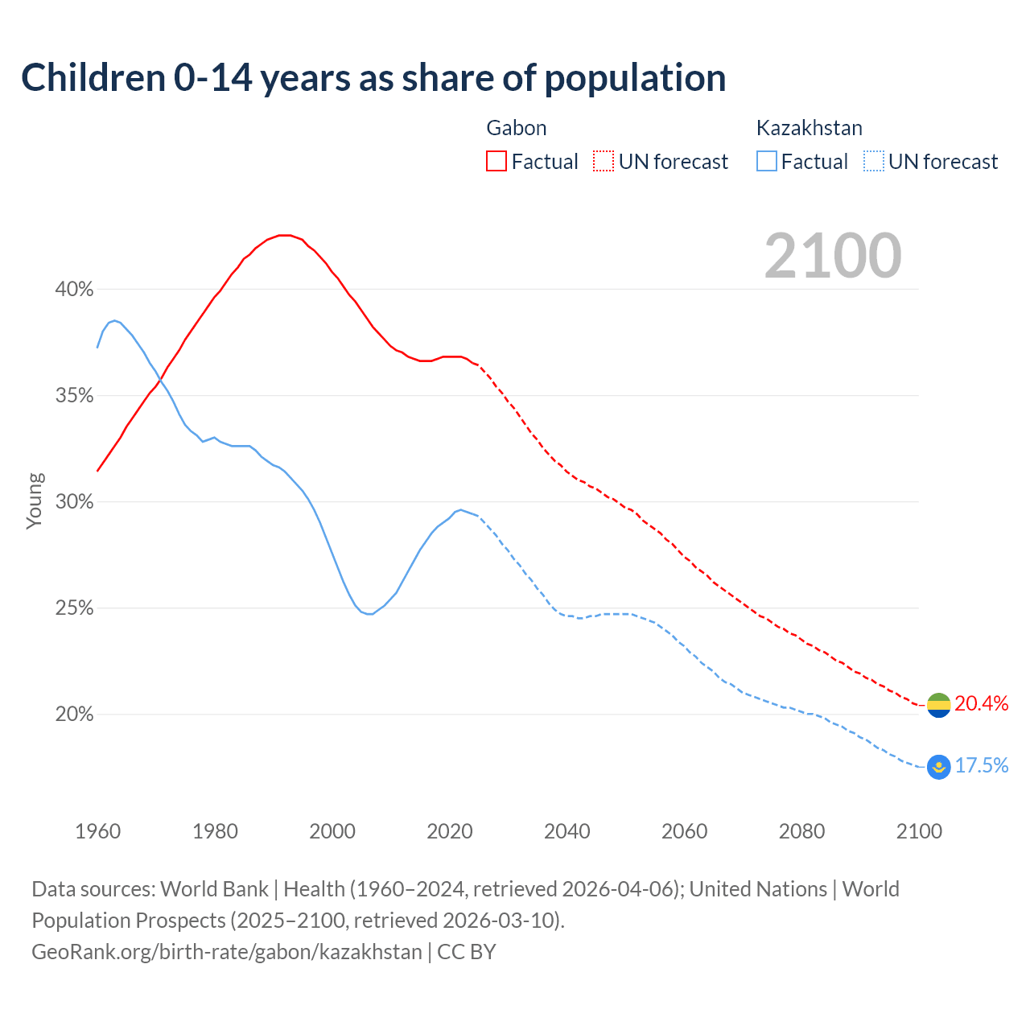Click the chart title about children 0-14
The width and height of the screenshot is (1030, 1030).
(x=373, y=78)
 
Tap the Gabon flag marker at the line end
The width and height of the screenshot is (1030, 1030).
(x=938, y=705)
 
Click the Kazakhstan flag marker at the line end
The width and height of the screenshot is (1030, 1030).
(x=938, y=767)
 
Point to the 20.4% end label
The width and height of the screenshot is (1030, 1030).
(x=981, y=704)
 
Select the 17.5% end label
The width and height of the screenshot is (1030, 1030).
(x=981, y=766)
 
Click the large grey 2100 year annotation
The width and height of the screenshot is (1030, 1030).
(x=833, y=256)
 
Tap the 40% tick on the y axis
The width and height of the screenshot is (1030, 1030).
(x=74, y=290)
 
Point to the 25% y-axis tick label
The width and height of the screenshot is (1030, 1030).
(x=74, y=608)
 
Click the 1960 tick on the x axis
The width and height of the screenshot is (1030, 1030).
(x=98, y=831)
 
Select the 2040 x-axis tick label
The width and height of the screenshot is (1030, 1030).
(x=567, y=831)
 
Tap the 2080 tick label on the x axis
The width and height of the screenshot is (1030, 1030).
(x=801, y=831)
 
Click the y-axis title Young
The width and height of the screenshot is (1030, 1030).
(x=35, y=501)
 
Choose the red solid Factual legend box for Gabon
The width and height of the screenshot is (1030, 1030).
(x=496, y=162)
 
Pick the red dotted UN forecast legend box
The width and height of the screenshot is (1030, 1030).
(x=604, y=162)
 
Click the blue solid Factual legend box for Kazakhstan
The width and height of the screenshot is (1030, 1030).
(x=767, y=162)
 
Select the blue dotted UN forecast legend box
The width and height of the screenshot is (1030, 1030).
(x=873, y=162)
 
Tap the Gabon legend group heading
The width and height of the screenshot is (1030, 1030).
(x=517, y=128)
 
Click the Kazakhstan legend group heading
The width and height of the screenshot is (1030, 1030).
(x=809, y=128)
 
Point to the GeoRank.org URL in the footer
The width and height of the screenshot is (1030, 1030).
(x=227, y=952)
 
